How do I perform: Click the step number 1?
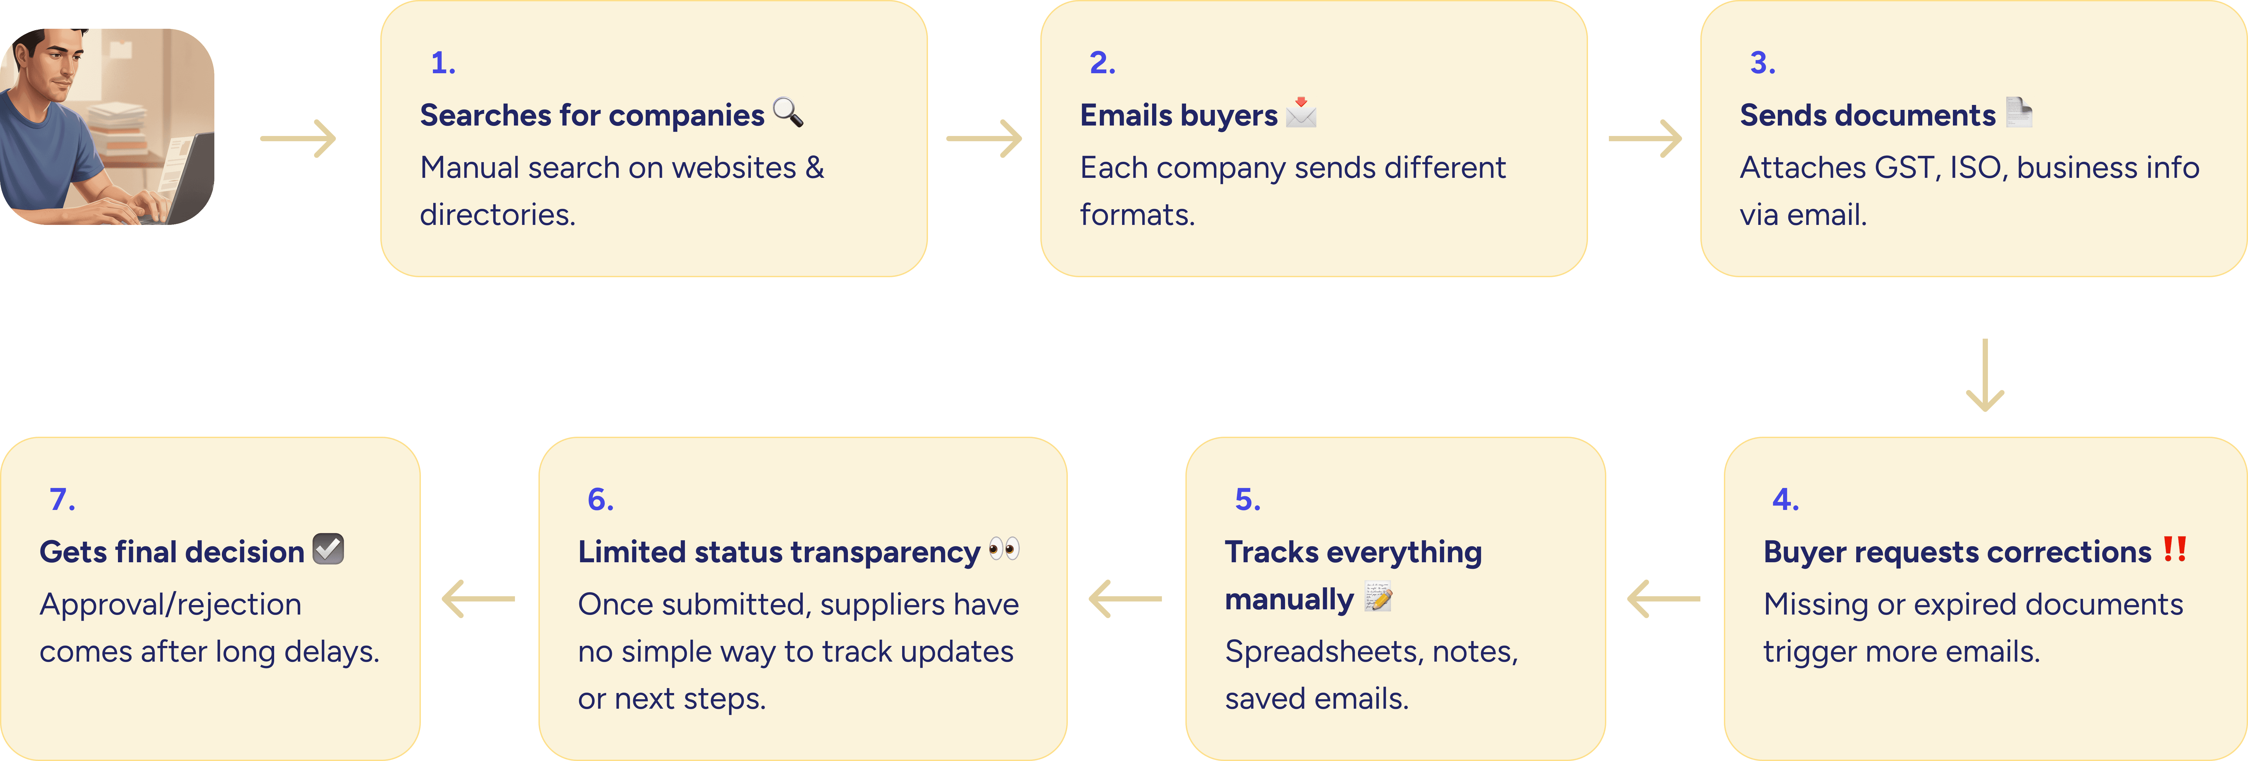442,63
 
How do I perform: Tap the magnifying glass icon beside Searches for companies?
788,112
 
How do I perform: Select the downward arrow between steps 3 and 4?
1984,375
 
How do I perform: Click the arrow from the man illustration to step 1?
298,139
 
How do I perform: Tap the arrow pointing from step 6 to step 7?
478,599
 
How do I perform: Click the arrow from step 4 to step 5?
1663,599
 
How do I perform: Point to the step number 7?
62,500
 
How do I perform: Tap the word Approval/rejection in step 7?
170,604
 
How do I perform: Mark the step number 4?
1785,500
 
